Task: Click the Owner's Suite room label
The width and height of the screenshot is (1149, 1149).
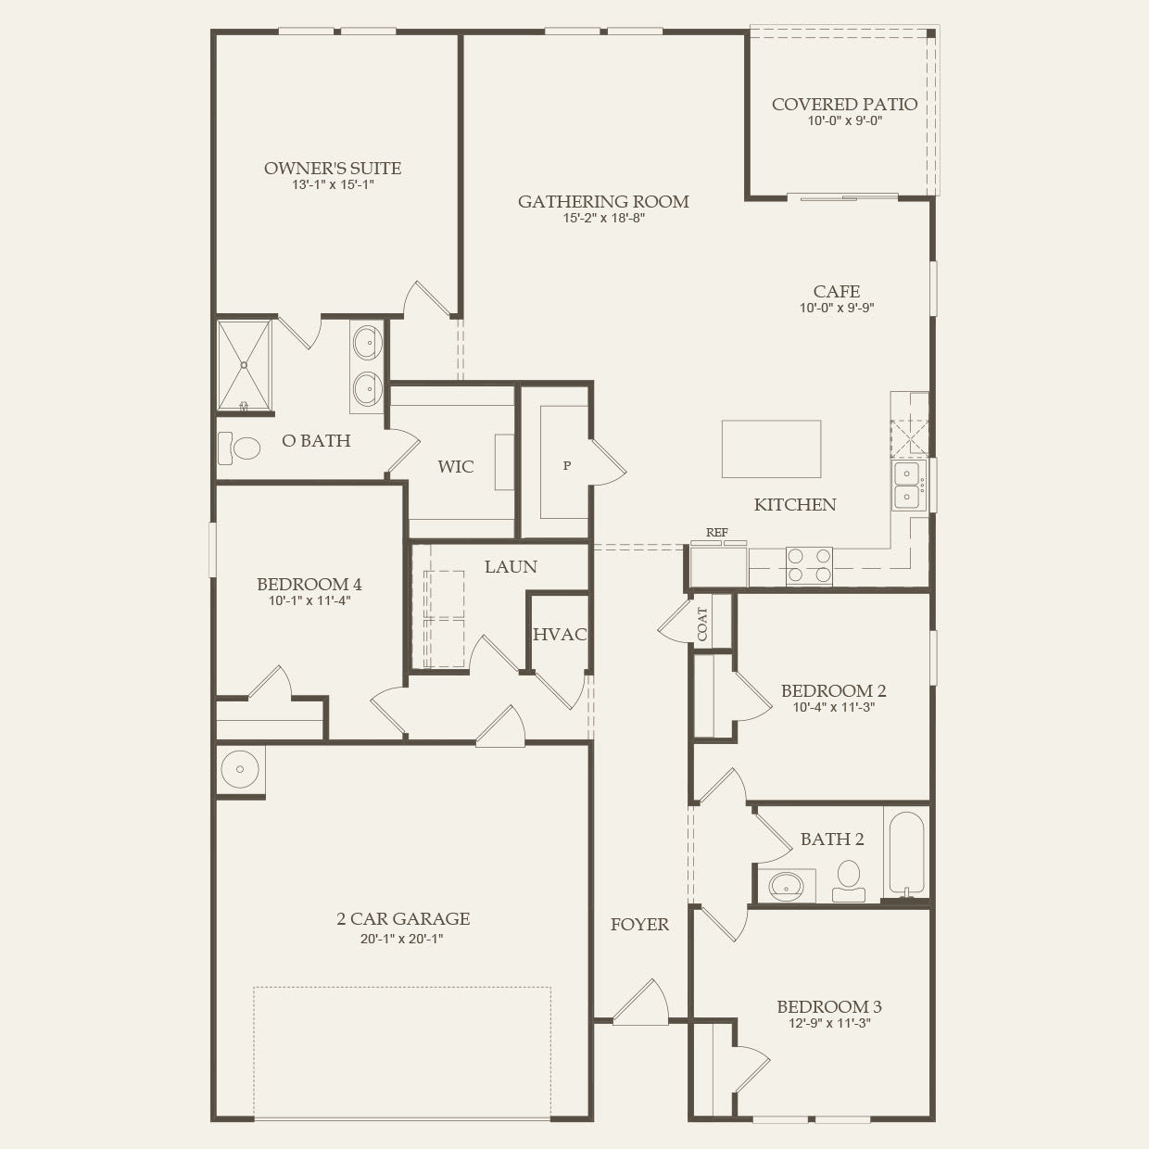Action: [333, 169]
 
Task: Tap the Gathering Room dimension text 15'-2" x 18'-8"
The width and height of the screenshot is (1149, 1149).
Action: [603, 219]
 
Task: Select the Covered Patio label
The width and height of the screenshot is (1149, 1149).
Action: [844, 105]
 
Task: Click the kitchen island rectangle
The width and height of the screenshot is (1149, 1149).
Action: [771, 449]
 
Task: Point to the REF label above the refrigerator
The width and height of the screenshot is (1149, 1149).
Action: [716, 533]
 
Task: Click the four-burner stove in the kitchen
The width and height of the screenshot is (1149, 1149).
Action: [809, 566]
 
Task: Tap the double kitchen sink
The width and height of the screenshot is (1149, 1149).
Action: [906, 486]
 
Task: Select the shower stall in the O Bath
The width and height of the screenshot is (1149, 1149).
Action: [245, 364]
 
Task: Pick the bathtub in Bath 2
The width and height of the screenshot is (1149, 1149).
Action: [906, 853]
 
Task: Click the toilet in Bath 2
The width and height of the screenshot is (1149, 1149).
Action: [848, 878]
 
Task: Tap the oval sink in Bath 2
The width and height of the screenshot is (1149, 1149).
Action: [787, 885]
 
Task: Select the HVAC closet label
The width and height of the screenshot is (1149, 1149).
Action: [560, 635]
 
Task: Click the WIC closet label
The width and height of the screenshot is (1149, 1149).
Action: [456, 467]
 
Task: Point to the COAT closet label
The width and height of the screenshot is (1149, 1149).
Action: [702, 624]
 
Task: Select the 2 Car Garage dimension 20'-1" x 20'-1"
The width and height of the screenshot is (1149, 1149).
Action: [403, 938]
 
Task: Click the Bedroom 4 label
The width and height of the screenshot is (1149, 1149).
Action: [309, 585]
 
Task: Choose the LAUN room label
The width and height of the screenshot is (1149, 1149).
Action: [511, 567]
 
